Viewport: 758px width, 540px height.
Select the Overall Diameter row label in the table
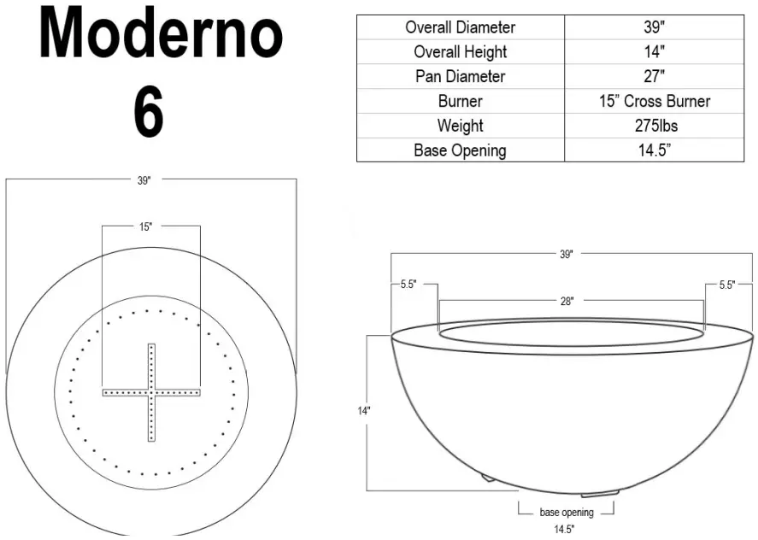click(460, 27)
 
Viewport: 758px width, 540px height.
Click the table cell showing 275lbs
click(654, 126)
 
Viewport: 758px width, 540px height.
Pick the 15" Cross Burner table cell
click(654, 101)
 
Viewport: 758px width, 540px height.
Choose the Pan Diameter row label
click(460, 76)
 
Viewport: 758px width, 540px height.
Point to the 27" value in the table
click(654, 76)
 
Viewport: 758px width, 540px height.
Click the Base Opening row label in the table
click(460, 150)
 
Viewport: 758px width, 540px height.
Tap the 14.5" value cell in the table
click(654, 150)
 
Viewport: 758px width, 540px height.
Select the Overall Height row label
click(460, 52)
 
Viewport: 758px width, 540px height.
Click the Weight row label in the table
click(460, 126)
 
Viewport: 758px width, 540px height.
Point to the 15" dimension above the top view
click(146, 226)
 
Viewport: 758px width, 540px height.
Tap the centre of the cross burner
click(151, 392)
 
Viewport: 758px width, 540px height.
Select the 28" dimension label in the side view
click(567, 301)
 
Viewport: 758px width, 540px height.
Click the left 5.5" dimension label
click(408, 285)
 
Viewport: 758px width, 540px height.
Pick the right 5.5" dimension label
click(726, 285)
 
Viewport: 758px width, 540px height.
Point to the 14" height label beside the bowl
click(364, 411)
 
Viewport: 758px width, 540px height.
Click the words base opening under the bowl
click(566, 513)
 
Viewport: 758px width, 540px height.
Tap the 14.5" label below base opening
click(563, 529)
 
